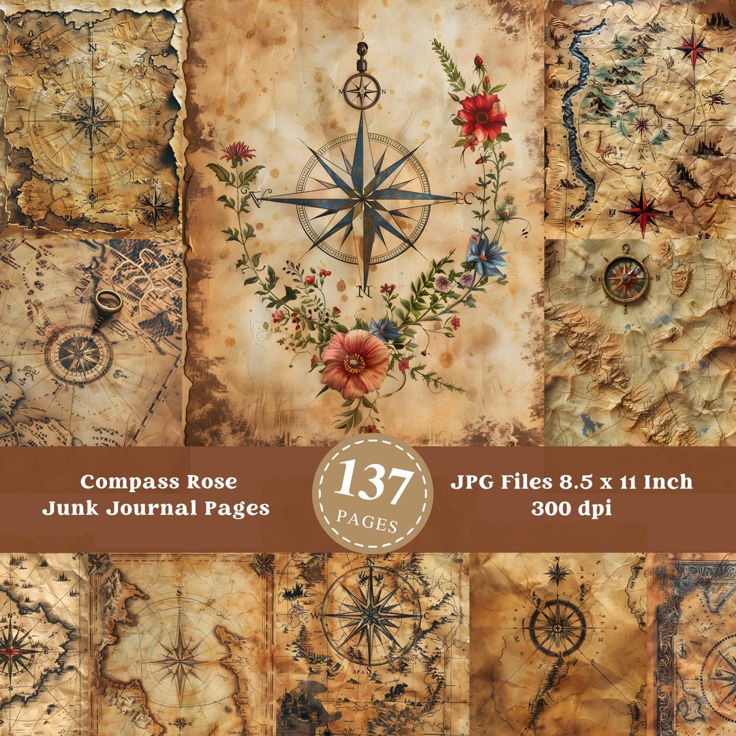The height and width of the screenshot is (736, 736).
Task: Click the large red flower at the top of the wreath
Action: click(x=482, y=117)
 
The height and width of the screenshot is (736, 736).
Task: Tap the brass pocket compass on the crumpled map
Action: click(x=624, y=277)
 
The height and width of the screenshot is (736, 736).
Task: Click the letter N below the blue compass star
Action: click(x=364, y=292)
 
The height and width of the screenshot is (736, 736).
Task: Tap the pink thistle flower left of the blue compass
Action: click(x=238, y=151)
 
